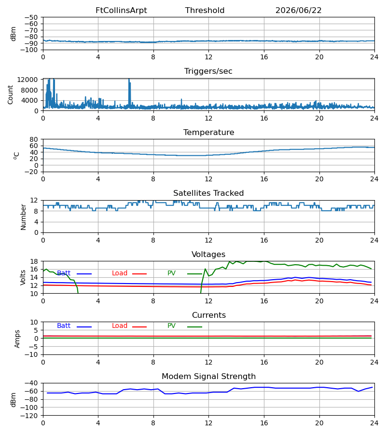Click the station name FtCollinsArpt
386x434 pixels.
tap(121, 11)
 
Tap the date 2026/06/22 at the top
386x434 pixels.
tap(298, 11)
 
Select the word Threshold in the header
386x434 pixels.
tap(205, 11)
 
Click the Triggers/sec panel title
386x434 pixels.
tap(208, 71)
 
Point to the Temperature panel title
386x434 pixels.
tap(208, 132)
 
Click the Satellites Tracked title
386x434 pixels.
tap(208, 193)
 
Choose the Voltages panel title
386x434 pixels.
tap(208, 254)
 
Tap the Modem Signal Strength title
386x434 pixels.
tap(208, 377)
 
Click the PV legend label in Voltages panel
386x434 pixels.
tap(171, 273)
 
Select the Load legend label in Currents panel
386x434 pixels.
tap(120, 326)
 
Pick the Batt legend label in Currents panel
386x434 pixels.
tap(64, 326)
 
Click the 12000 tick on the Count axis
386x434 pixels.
tap(28, 80)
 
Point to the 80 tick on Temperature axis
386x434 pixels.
tap(34, 139)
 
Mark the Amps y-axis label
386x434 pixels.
tap(17, 339)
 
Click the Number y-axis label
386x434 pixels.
tap(23, 217)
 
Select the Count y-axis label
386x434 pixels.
tap(11, 95)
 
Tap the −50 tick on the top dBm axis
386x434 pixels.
tap(31, 17)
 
